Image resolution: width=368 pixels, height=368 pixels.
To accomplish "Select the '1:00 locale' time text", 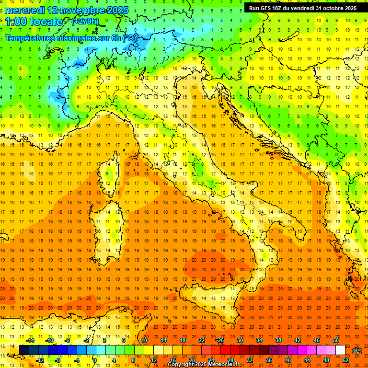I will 34,22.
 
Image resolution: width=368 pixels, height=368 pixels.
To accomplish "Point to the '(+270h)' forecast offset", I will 85,21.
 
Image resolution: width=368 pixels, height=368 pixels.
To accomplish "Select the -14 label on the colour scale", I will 30,340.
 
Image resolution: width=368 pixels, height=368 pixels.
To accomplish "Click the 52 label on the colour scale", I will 345,360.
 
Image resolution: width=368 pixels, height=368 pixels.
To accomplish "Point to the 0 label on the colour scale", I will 95,360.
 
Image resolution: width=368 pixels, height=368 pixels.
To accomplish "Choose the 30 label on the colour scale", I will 240,340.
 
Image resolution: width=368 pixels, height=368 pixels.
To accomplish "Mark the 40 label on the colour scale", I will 288,360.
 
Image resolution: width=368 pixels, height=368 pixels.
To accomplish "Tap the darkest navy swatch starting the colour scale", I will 24,350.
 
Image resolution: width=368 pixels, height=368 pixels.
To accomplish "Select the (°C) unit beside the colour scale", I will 357,351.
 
